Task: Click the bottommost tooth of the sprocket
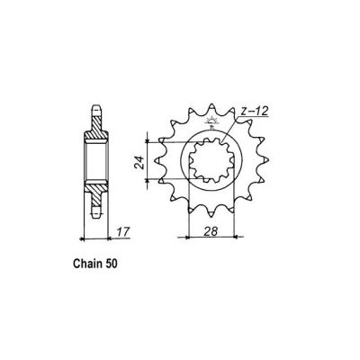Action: [212, 221]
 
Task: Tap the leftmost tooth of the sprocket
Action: [159, 166]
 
